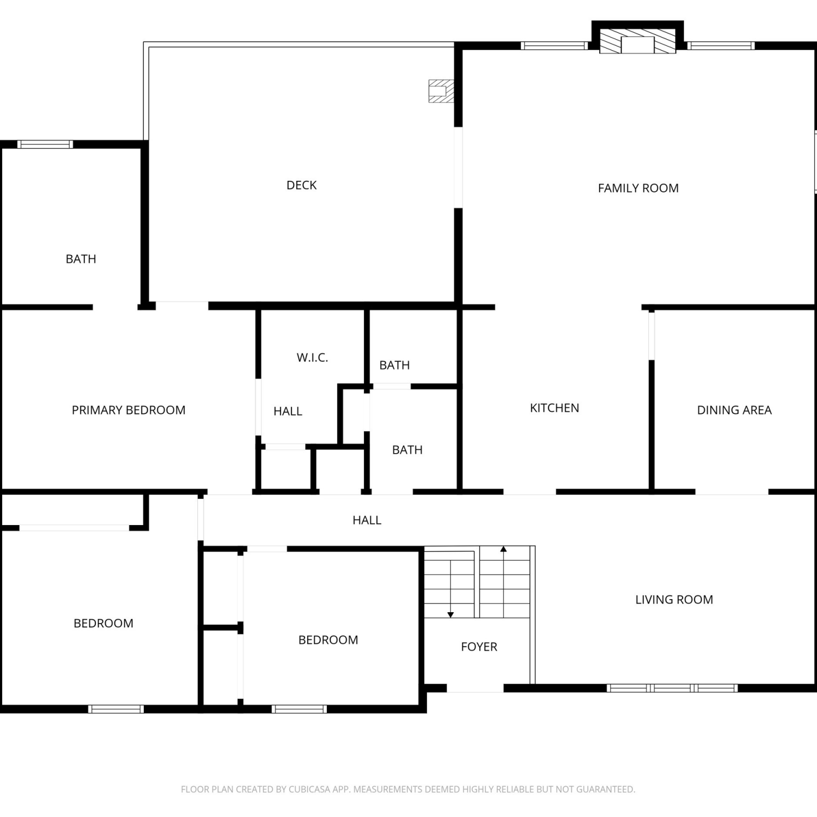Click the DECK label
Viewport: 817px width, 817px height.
click(x=301, y=185)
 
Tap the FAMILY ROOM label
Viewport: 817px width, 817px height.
click(x=638, y=188)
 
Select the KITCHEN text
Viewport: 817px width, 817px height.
click(x=554, y=408)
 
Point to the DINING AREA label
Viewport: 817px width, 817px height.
click(x=734, y=410)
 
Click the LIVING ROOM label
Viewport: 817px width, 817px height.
click(x=674, y=600)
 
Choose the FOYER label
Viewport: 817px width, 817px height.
click(x=479, y=647)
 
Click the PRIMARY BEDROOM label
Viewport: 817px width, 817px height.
click(x=129, y=410)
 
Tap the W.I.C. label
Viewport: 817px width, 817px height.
click(x=312, y=358)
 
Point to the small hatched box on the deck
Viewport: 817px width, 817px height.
click(x=441, y=91)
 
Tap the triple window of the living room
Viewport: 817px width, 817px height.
click(x=672, y=688)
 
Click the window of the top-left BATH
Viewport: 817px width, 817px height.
click(x=45, y=144)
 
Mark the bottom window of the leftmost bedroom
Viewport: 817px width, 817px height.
click(x=116, y=709)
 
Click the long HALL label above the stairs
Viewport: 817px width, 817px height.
click(x=367, y=520)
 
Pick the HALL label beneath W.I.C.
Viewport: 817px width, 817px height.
click(x=288, y=411)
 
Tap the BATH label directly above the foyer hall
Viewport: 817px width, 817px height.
click(x=407, y=450)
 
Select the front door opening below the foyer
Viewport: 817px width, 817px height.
click(x=475, y=688)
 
